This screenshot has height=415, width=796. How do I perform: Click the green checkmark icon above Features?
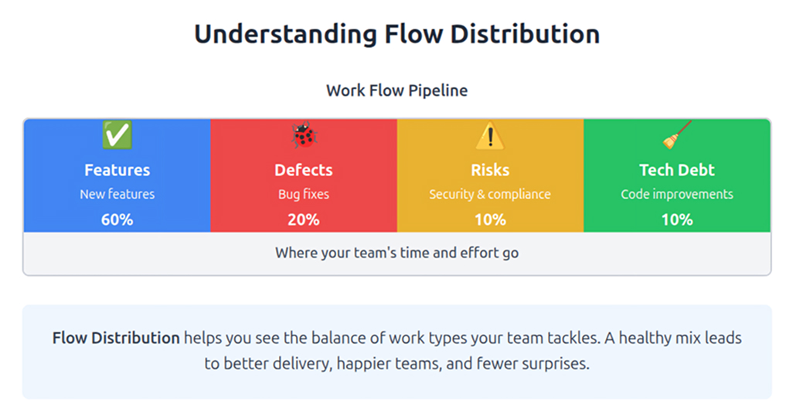click(x=117, y=136)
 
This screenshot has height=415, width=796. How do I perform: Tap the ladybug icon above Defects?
click(x=304, y=137)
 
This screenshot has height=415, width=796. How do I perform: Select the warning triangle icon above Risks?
click(x=490, y=137)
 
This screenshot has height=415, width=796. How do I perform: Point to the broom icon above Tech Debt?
click(x=677, y=136)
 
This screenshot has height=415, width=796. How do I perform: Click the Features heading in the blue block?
click(x=117, y=170)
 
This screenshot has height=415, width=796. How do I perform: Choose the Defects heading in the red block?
click(x=304, y=170)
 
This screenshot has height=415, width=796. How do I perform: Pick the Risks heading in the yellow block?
click(x=490, y=170)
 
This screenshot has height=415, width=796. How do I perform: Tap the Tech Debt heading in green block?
click(x=677, y=170)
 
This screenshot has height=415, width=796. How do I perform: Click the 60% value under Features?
click(x=117, y=219)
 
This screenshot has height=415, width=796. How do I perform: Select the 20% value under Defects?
click(x=304, y=219)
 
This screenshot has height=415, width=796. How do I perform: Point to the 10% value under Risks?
click(x=490, y=219)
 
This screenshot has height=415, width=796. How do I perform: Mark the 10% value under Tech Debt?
click(x=677, y=219)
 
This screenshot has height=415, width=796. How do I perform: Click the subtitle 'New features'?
click(x=117, y=194)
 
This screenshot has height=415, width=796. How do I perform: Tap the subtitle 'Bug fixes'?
click(x=304, y=194)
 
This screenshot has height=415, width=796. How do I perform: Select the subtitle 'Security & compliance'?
click(x=490, y=194)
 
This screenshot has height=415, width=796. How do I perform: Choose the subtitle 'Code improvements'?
click(x=677, y=194)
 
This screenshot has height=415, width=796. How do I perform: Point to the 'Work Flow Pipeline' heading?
click(x=396, y=90)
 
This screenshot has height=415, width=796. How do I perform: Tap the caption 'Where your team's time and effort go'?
click(x=396, y=253)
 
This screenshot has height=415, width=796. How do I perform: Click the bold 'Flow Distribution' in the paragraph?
click(x=116, y=338)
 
